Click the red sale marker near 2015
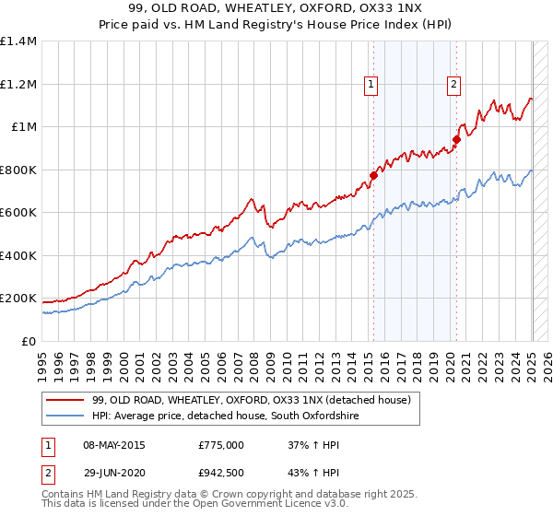[373, 175]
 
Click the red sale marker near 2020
[456, 140]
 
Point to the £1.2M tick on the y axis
[18, 84]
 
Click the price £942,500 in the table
[221, 473]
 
